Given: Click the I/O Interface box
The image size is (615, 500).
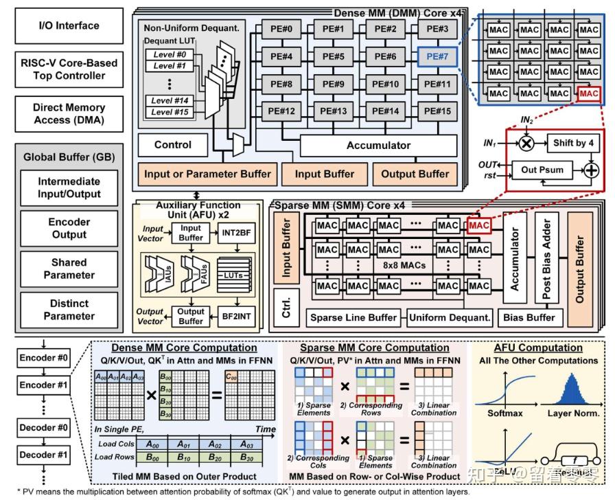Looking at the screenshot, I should tap(68, 26).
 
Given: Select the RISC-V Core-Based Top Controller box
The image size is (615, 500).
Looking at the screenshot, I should tap(68, 69).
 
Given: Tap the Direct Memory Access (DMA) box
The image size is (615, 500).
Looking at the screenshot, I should tap(68, 113).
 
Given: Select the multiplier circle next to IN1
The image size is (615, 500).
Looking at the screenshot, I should tap(527, 144).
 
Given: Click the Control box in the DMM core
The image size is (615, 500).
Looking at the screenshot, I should tap(172, 146).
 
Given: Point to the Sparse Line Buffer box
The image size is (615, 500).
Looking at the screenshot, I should tap(353, 318).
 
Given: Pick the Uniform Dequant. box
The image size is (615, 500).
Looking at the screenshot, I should tap(450, 318).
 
